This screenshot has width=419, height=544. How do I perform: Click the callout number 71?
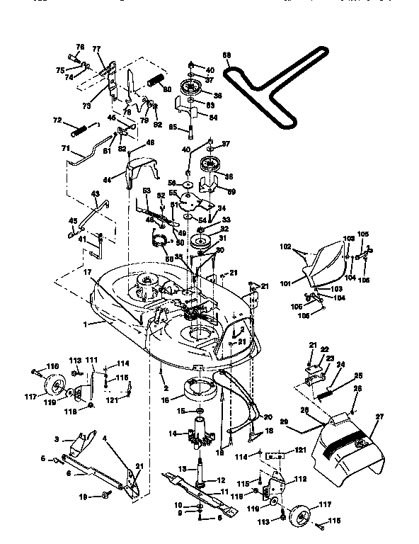click(65, 148)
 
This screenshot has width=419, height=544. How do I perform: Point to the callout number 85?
click(172, 128)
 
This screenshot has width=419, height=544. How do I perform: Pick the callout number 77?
click(96, 50)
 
